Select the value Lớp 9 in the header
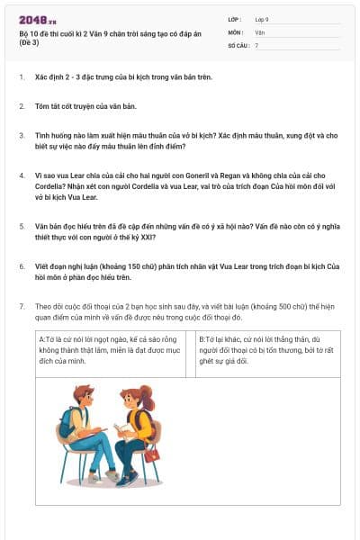pyautogui.click(x=262, y=19)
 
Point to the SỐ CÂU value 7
pyautogui.click(x=256, y=45)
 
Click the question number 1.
pyautogui.click(x=21, y=77)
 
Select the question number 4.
pyautogui.click(x=21, y=175)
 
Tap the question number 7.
pyautogui.click(x=21, y=307)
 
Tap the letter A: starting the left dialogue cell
pyautogui.click(x=42, y=338)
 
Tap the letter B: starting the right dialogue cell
pyautogui.click(x=202, y=338)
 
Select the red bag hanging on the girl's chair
pyautogui.click(x=152, y=454)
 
